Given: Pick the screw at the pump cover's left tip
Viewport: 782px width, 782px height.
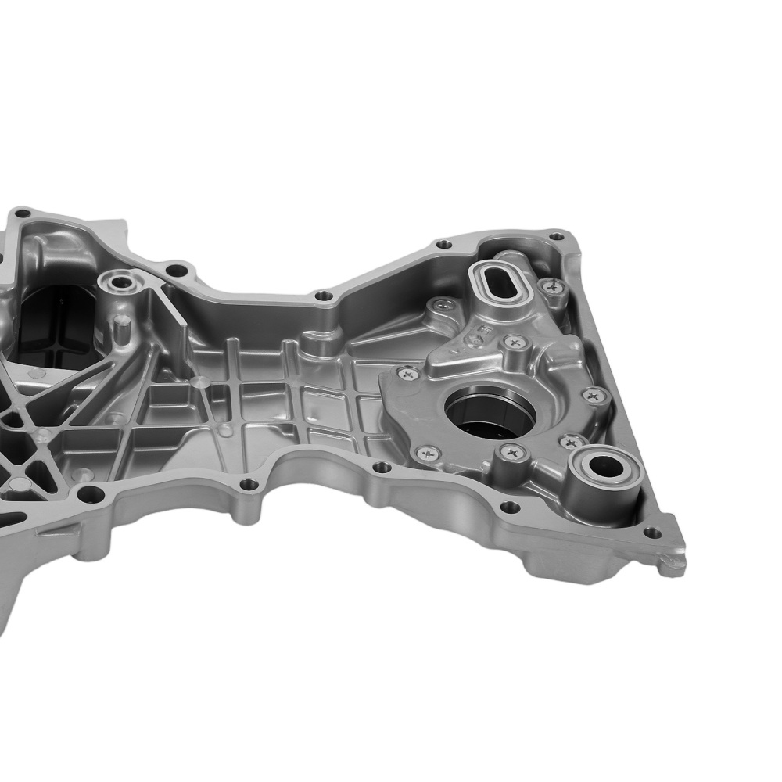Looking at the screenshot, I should (x=407, y=375).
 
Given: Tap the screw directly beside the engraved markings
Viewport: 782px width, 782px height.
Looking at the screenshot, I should (x=515, y=342).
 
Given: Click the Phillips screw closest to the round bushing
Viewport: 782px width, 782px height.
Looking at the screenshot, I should (x=569, y=443).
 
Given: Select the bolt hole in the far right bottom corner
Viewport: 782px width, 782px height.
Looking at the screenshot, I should (x=652, y=533).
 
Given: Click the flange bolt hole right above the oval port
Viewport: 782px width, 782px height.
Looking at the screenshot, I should (x=443, y=244).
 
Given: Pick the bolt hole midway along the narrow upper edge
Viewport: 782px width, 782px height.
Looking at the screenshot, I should (x=323, y=296).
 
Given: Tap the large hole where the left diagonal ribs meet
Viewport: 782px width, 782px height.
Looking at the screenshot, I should (x=91, y=493).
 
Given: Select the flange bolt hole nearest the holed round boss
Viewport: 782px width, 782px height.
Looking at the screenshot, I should (x=178, y=271).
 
